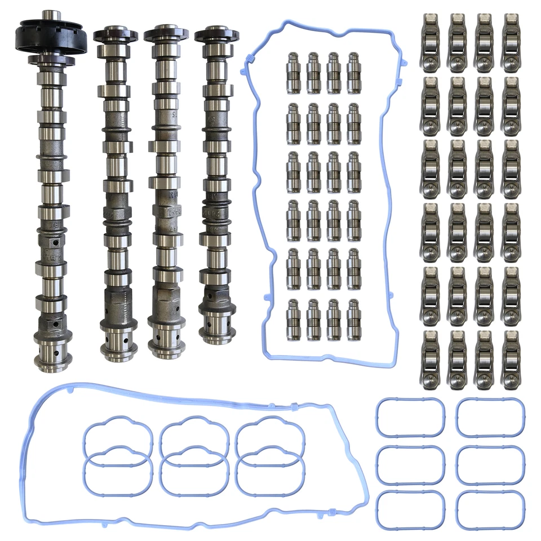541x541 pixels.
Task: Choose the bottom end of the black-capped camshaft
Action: (x=52, y=356)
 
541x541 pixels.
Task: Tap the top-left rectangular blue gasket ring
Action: (x=410, y=418)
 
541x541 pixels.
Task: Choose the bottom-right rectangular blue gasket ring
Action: (x=489, y=511)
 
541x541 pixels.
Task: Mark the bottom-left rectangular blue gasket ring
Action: (x=410, y=511)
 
